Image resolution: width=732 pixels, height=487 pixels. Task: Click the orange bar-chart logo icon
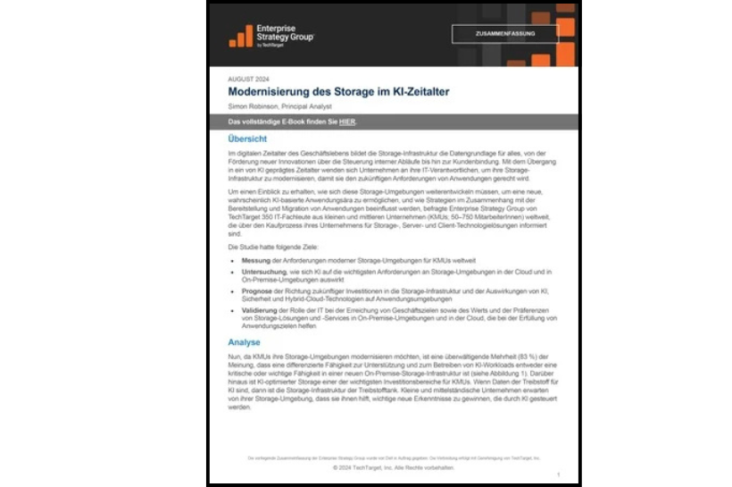coord(240,35)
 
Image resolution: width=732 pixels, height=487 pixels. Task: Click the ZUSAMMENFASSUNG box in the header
coord(504,34)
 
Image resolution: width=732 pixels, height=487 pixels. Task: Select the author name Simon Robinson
coord(254,106)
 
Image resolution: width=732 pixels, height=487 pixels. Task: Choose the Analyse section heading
coord(245,342)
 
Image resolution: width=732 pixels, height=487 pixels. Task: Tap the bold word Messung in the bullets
coord(257,260)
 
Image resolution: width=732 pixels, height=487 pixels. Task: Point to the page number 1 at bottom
coord(558,475)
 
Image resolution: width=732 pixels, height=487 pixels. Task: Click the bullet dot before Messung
coord(234,260)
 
